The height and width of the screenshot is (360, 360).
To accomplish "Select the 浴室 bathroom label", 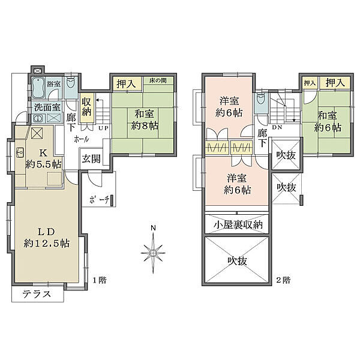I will pyautogui.click(x=54, y=85).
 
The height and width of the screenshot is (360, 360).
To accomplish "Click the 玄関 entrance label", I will pyautogui.click(x=92, y=159).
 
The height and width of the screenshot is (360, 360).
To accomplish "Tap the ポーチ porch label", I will pyautogui.click(x=98, y=200).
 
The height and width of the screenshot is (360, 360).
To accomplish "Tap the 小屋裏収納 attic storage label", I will pyautogui.click(x=238, y=225).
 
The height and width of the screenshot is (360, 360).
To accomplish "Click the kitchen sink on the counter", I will pyautogui.click(x=19, y=151).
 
